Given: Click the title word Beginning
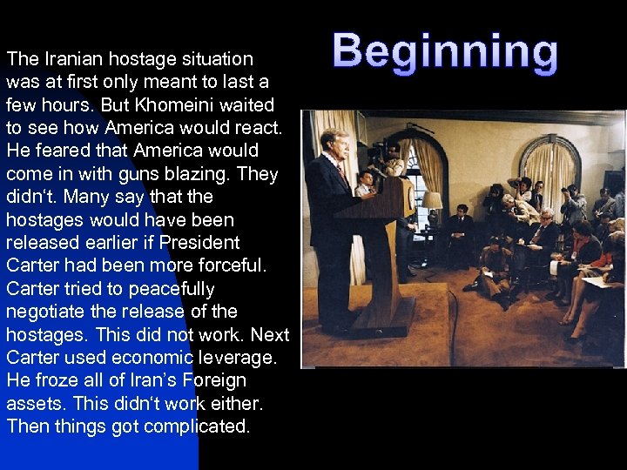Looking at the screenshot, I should [x=445, y=52].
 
